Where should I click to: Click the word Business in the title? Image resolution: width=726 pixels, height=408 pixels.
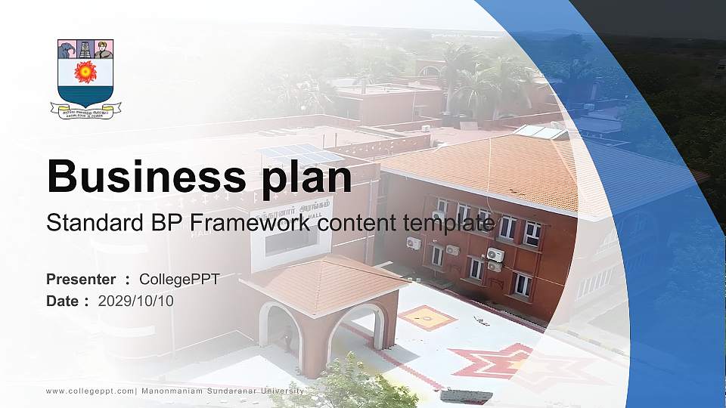141,178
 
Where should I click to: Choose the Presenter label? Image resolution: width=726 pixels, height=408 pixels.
81,280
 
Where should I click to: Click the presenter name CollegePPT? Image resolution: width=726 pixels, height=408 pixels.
179,280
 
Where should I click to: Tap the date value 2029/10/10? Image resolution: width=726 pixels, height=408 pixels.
136,301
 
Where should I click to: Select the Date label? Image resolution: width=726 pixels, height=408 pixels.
63,301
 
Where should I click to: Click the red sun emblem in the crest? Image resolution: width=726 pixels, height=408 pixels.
85,72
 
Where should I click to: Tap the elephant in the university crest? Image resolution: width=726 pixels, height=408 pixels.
67,50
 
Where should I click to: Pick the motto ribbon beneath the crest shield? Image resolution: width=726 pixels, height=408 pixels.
85,110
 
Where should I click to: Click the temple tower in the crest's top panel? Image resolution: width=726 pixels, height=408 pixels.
85,49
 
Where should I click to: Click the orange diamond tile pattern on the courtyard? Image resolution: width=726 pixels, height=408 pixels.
427,317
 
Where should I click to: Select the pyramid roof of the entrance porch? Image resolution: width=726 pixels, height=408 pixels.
324,281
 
